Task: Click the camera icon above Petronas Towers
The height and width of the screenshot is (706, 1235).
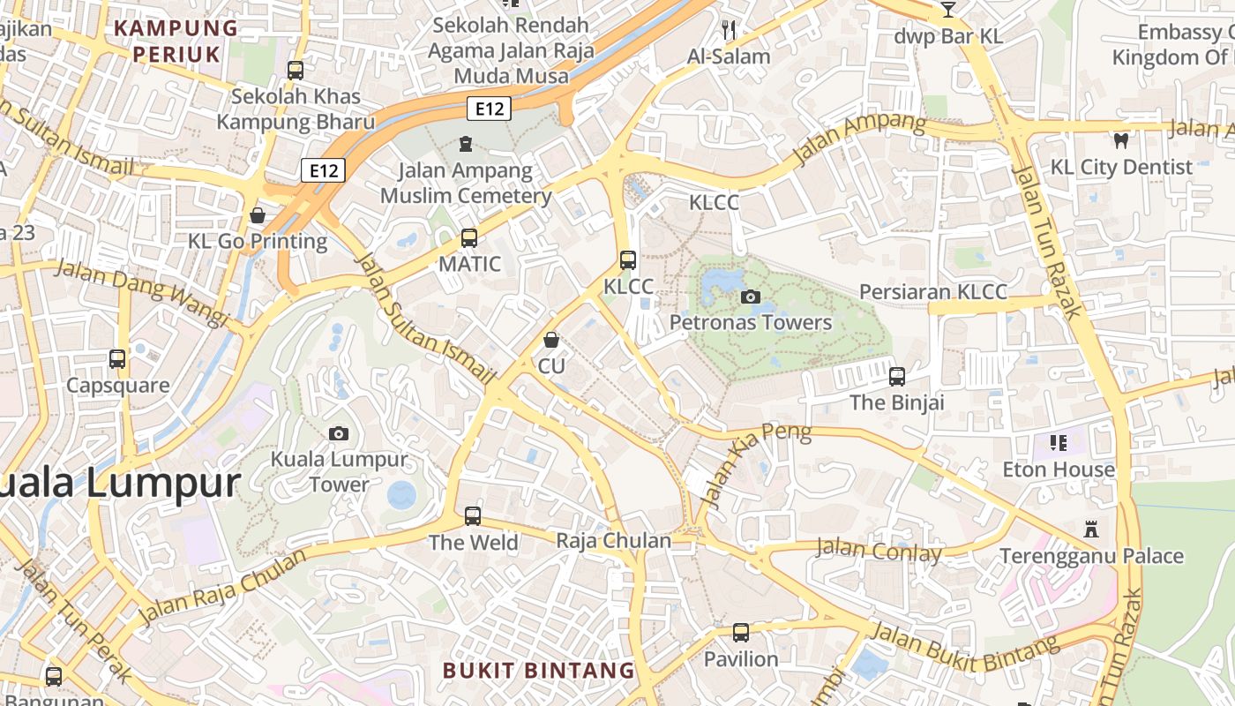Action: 751,297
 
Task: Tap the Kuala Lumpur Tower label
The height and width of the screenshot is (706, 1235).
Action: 340,471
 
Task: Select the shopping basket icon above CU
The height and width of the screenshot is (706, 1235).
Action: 551,340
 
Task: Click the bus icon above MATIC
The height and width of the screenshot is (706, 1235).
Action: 469,238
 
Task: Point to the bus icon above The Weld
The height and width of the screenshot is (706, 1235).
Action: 473,516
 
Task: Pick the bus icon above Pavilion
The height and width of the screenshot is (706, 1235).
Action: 741,633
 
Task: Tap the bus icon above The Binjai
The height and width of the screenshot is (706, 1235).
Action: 897,377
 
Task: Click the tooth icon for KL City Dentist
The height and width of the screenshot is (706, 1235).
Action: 1121,140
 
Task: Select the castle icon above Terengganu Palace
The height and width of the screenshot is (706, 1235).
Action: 1091,529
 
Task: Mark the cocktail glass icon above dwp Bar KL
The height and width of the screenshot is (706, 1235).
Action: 948,10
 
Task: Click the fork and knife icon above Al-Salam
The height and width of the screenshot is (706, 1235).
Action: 729,30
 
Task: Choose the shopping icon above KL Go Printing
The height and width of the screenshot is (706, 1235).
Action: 258,215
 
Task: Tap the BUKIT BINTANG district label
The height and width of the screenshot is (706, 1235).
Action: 538,671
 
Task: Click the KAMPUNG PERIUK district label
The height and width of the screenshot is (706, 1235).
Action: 176,41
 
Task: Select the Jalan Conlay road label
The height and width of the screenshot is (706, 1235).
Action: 879,551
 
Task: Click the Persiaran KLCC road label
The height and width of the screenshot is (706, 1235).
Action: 932,292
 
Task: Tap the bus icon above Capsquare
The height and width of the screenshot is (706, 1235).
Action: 117,359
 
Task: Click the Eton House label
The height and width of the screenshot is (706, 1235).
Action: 1059,469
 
